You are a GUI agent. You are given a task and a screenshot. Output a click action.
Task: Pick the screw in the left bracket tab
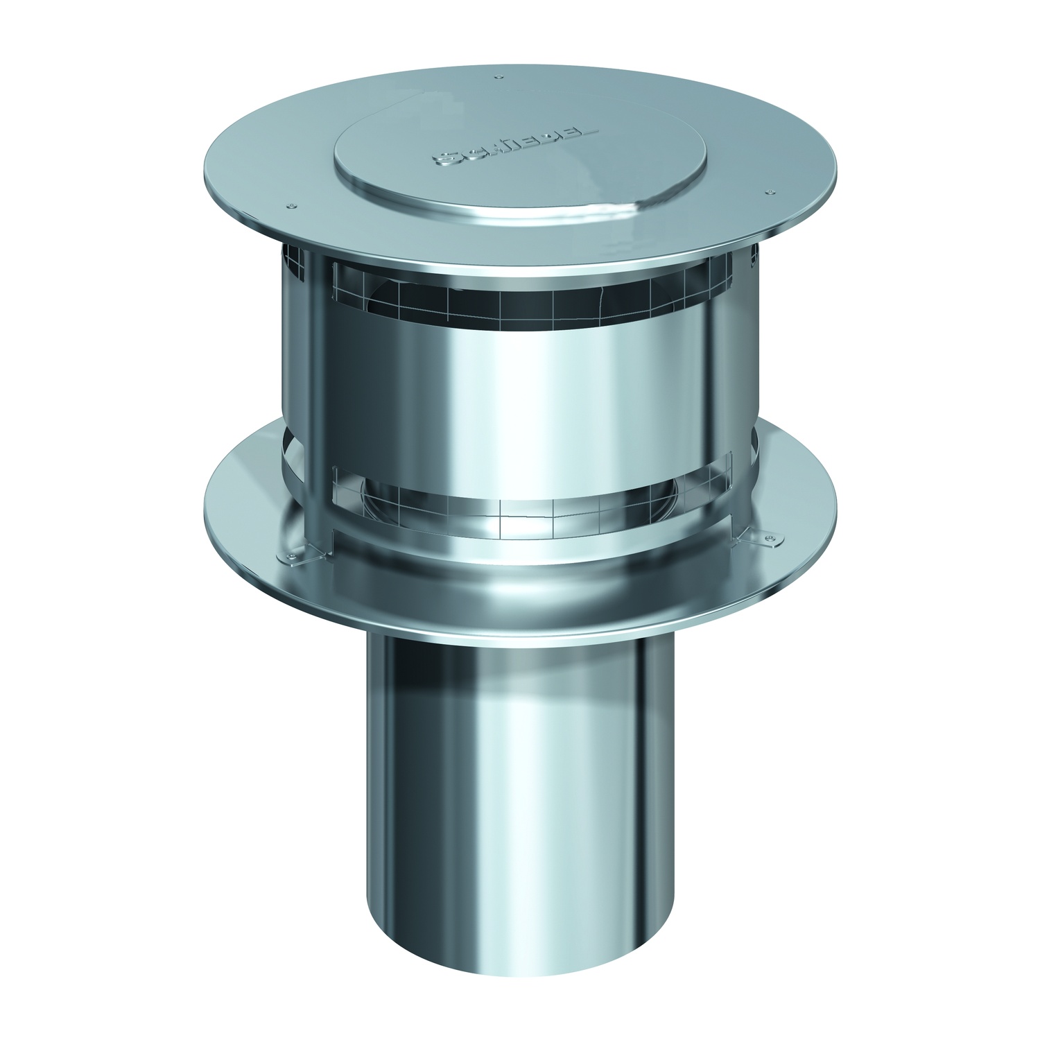pos(289,555)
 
